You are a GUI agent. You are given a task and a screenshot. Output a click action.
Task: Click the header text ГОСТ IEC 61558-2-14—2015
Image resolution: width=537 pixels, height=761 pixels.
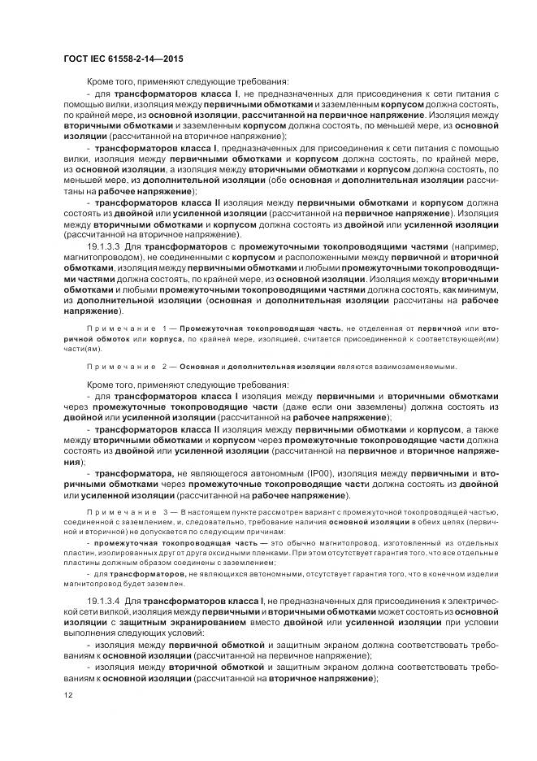[115, 59]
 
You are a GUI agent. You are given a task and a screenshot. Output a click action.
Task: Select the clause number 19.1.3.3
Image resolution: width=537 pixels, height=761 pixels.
[104, 245]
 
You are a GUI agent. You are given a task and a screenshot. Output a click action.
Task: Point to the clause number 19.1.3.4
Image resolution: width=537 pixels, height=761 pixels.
[104, 598]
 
